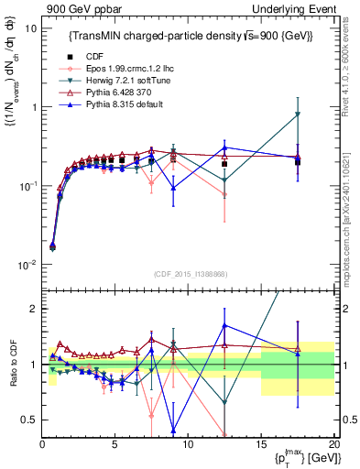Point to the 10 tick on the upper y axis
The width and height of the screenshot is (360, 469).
pyautogui.click(x=30, y=27)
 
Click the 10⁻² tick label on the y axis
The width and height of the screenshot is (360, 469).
pyautogui.click(x=27, y=265)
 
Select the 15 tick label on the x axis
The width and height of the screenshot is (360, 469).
pyautogui.click(x=260, y=444)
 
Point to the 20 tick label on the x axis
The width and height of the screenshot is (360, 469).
pyautogui.click(x=333, y=444)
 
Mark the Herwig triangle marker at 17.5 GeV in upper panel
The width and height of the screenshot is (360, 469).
pyautogui.click(x=297, y=115)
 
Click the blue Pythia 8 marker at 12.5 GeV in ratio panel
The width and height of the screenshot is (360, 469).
pyautogui.click(x=224, y=325)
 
